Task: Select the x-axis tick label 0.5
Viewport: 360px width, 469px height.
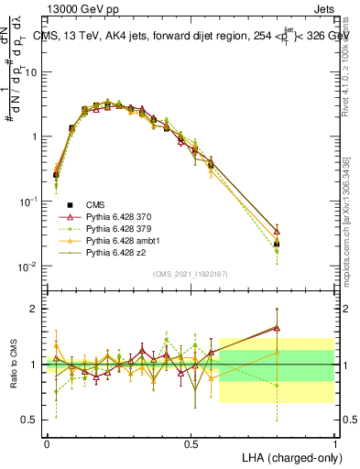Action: (191, 442)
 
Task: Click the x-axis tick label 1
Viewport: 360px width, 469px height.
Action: (334, 442)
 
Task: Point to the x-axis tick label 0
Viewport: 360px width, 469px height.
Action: (47, 442)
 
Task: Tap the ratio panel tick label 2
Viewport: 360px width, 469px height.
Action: (35, 309)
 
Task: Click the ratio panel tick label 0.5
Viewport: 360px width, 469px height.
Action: (29, 420)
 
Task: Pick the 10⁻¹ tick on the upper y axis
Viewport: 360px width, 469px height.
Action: (27, 202)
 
